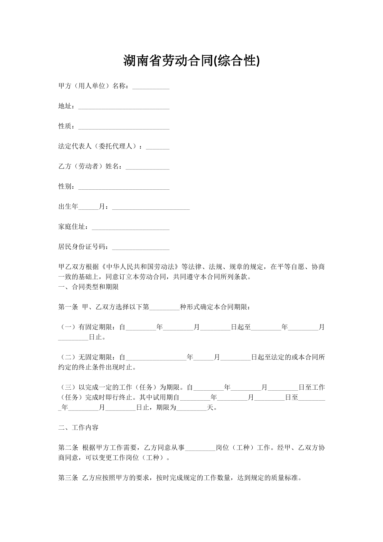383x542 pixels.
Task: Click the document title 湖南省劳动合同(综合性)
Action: (191, 61)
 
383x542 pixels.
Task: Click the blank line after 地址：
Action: (124, 107)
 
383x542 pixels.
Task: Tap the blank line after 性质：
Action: (124, 127)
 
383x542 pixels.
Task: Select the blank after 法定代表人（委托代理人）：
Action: (157, 147)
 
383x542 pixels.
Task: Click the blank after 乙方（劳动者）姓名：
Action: (147, 167)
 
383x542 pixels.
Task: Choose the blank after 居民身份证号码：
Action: (140, 248)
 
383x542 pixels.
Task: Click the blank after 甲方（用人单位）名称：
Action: (151, 87)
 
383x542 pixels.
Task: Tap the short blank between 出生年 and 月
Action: (89, 207)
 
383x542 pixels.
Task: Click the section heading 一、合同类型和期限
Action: (89, 287)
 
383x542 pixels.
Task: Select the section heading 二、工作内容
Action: (78, 428)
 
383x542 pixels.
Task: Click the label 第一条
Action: (68, 307)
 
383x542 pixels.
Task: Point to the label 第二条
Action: (68, 448)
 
